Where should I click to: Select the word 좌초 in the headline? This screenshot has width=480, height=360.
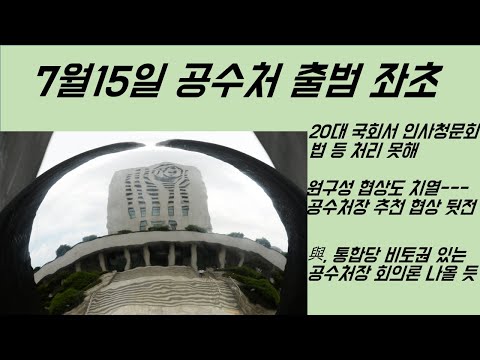406,80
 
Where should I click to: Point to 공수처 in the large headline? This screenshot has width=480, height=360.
227,81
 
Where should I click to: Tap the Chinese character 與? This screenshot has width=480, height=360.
315,256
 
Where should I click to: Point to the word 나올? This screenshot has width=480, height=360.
440,274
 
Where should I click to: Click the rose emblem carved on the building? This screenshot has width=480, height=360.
168,174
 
